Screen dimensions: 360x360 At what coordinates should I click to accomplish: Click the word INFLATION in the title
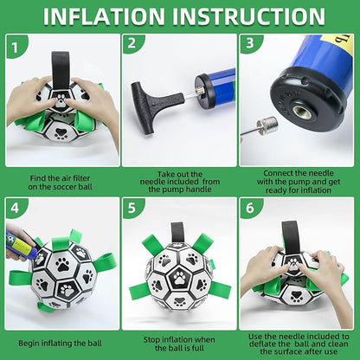[x=104, y=16]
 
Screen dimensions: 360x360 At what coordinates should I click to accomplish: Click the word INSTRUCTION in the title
[x=249, y=16]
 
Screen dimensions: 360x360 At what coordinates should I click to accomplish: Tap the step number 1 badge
[x=15, y=47]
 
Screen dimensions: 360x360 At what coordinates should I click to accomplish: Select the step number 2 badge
[x=132, y=43]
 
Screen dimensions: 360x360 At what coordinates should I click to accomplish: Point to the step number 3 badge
[x=250, y=43]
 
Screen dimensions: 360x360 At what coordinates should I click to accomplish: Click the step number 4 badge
[x=15, y=208]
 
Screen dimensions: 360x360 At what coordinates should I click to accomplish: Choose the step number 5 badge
[x=132, y=208]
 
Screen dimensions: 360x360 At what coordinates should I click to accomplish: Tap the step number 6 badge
[x=250, y=208]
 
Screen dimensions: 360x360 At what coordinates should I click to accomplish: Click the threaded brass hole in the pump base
[x=302, y=112]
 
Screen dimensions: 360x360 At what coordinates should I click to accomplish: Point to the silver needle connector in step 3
[x=267, y=125]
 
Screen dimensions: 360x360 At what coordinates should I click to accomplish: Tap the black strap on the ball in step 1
[x=61, y=70]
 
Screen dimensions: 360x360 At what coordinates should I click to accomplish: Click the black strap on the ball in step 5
[x=177, y=232]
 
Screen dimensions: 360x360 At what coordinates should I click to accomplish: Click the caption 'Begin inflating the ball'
[x=61, y=344]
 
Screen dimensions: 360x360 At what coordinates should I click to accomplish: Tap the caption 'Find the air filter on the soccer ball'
[x=61, y=183]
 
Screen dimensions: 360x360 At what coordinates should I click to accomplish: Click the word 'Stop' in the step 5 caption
[x=152, y=340]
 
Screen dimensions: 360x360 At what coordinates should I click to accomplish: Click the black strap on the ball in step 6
[x=290, y=237]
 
